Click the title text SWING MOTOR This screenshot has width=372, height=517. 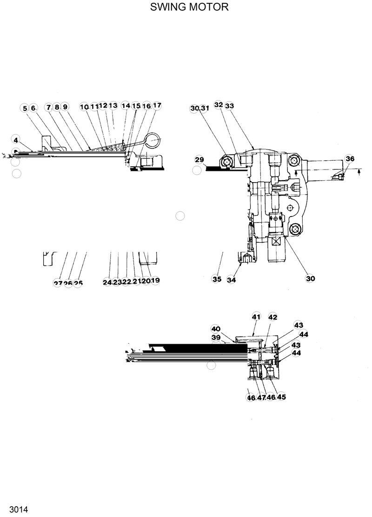point(189,7)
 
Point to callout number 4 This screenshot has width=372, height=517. point(16,139)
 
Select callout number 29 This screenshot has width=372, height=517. point(199,160)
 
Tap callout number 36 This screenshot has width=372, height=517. point(350,159)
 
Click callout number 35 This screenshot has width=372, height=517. point(217,279)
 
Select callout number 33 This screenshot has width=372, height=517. point(229,106)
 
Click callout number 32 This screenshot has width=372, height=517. point(219,105)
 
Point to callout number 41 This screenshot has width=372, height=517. point(256,317)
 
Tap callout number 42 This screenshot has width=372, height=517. point(272,317)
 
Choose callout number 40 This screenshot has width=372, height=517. point(215,328)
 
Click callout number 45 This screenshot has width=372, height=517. point(281,397)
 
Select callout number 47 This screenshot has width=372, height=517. point(261,397)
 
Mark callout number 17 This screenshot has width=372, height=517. point(157,106)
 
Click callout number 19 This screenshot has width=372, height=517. point(155,280)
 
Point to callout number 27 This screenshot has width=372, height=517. point(58,283)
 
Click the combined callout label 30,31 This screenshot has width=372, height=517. point(200,108)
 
